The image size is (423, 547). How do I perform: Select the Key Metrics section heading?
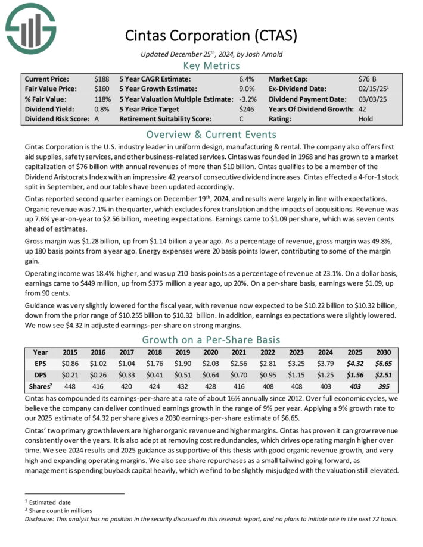[212, 65]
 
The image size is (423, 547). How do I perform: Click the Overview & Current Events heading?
[212, 134]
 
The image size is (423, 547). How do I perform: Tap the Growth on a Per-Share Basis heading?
[212, 340]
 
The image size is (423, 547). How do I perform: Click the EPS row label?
[40, 364]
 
